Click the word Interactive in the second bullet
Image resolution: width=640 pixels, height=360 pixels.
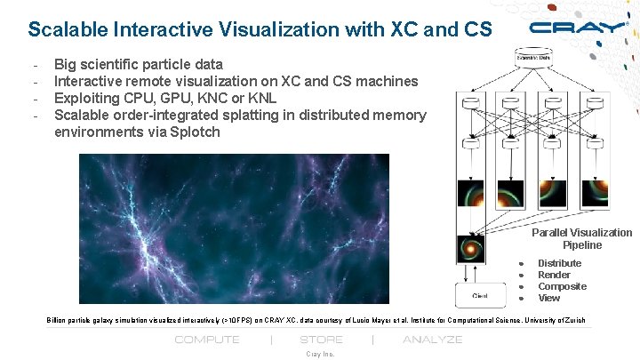[92, 81]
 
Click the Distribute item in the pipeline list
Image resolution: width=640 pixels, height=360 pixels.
[559, 263]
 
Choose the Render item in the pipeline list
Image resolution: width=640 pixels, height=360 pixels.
[554, 275]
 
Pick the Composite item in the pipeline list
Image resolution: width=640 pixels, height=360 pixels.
[562, 286]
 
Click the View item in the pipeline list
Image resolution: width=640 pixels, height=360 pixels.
[548, 298]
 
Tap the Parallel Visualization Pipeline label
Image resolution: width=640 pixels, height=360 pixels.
[581, 238]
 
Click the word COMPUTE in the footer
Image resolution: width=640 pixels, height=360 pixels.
[207, 340]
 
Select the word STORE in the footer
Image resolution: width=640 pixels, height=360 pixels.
[322, 340]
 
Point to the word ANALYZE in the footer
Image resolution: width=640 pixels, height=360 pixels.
[433, 340]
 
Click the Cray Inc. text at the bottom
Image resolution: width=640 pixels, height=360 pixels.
[320, 354]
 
